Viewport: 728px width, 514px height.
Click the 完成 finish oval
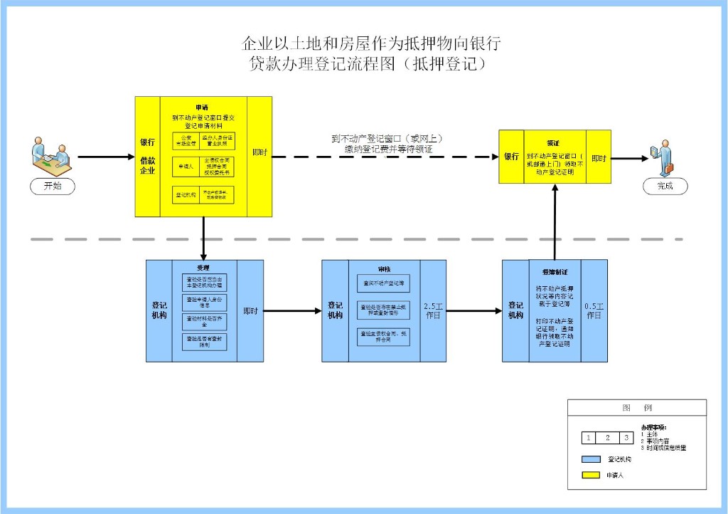665,187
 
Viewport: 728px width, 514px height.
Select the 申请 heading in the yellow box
203,107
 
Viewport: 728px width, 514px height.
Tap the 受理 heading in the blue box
204,267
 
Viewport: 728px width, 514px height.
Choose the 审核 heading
384,269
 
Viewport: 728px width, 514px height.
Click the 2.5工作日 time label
433,311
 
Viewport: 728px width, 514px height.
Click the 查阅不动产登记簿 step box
383,283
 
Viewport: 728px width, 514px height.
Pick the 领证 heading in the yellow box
553,142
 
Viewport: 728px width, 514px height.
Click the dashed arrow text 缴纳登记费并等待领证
387,150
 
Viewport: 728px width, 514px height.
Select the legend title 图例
636,408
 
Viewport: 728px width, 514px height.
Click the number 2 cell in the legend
608,438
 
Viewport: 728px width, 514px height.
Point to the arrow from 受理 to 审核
292,310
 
